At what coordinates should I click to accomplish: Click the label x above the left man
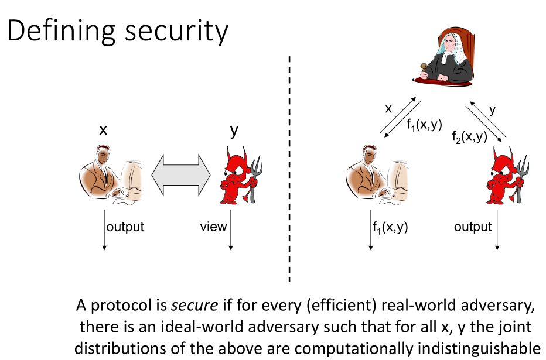(103, 130)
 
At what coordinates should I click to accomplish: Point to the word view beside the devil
(213, 227)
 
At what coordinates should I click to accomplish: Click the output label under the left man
(125, 227)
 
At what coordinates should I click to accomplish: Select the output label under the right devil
(472, 227)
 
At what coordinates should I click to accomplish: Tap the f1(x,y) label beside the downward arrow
(390, 227)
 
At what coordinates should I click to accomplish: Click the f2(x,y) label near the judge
(469, 136)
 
